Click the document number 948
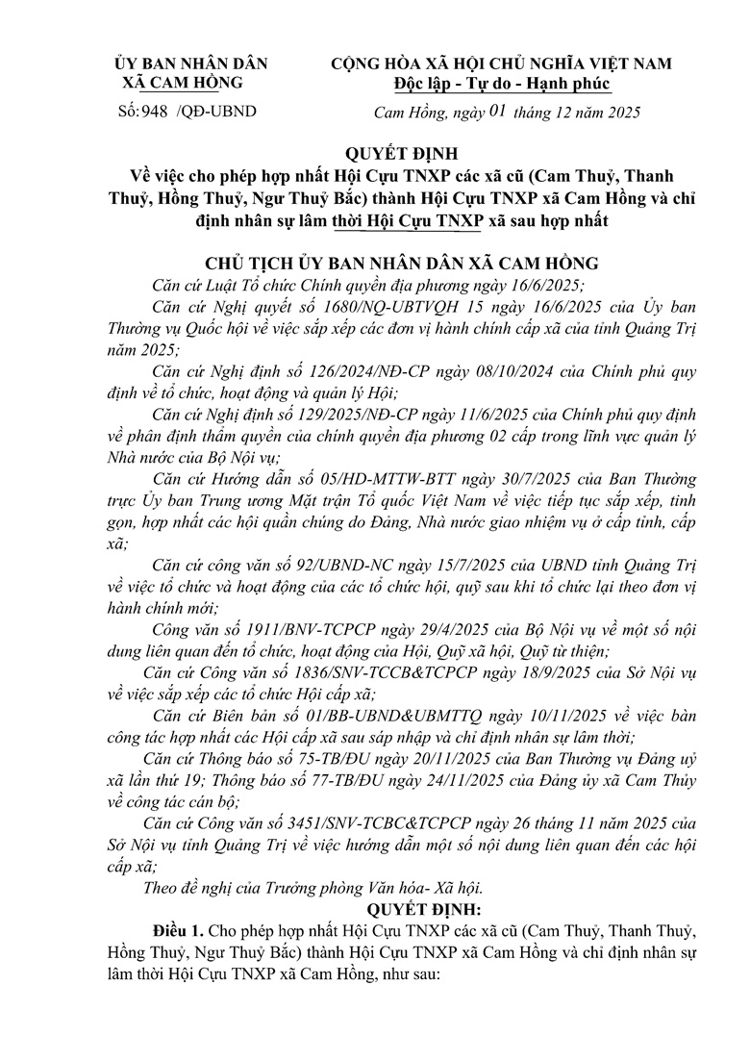click(154, 112)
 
